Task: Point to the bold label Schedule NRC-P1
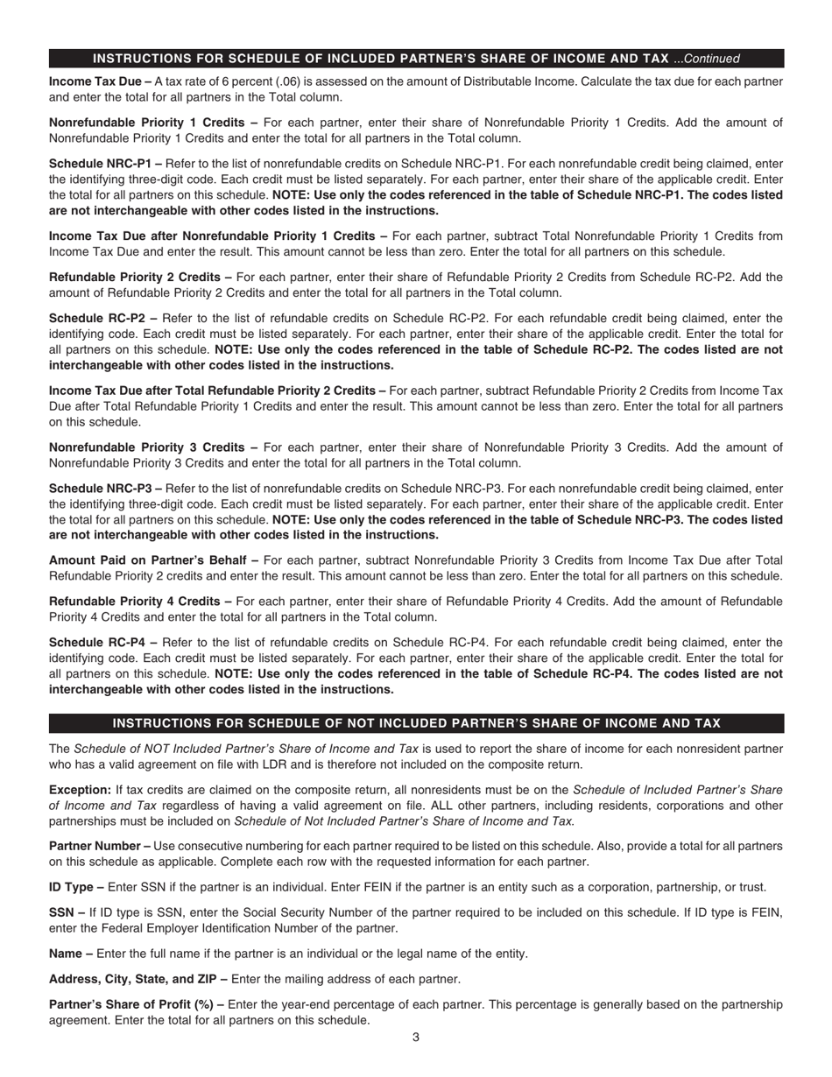coord(102,164)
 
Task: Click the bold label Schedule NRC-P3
coord(102,489)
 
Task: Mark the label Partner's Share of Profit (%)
coord(132,1005)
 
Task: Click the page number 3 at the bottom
coord(416,1038)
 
